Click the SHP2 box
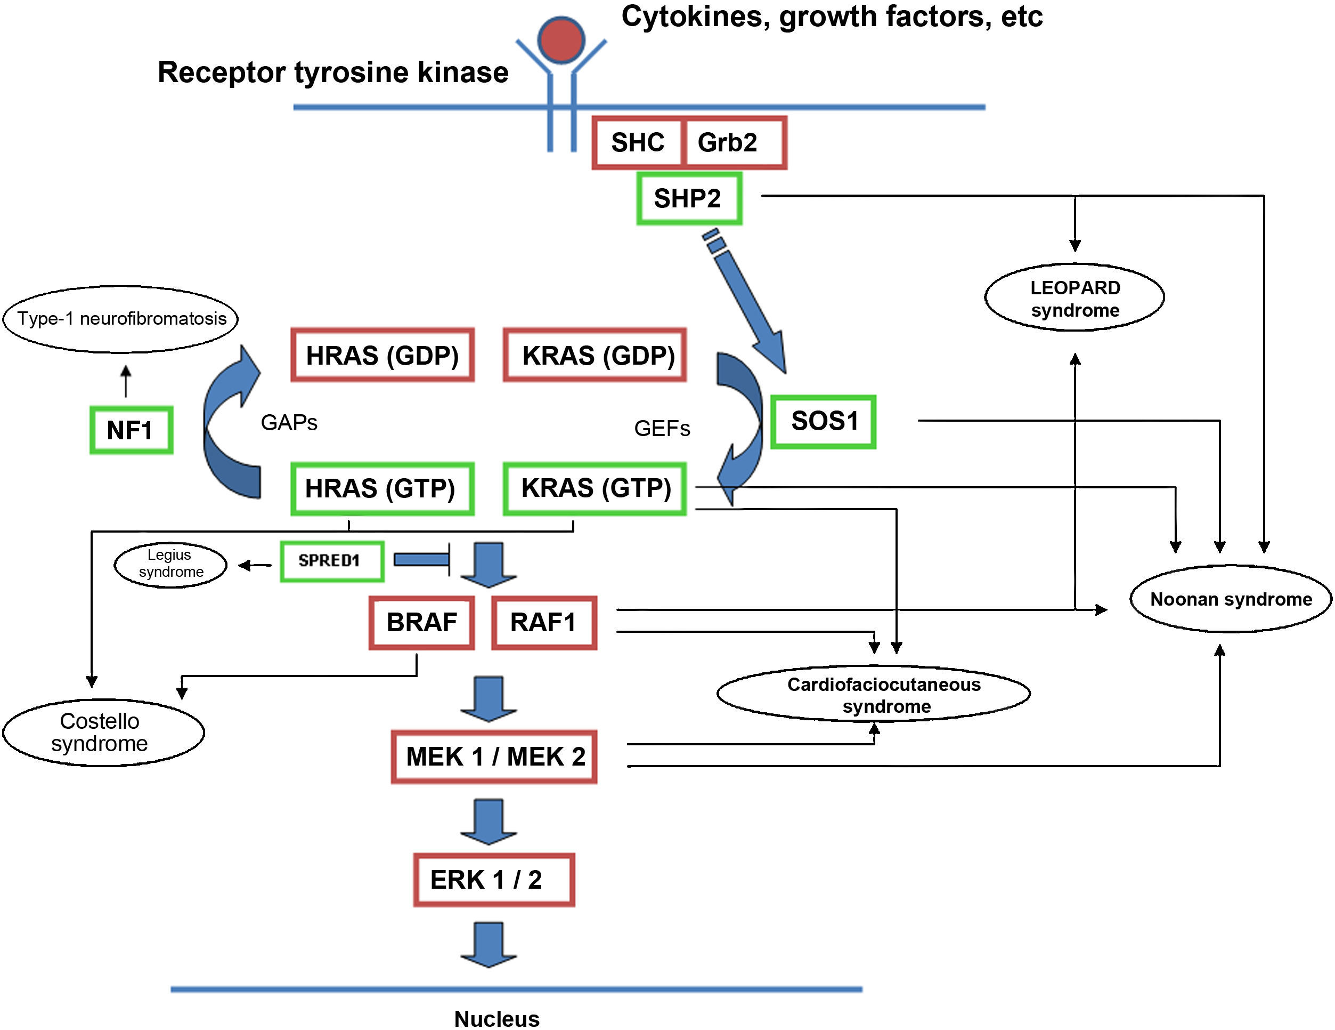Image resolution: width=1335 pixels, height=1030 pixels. (689, 199)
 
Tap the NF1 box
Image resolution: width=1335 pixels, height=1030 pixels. (131, 430)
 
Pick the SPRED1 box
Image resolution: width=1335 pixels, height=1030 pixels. (332, 561)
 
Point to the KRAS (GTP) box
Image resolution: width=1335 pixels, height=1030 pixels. (595, 489)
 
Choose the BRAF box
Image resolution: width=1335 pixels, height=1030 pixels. (422, 623)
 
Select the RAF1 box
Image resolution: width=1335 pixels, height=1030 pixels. (544, 623)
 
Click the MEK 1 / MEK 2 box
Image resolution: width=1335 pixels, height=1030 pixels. (494, 757)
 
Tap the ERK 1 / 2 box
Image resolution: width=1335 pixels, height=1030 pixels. (494, 880)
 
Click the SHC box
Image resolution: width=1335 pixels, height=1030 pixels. (638, 142)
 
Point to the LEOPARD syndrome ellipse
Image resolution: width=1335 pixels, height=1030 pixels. (1074, 298)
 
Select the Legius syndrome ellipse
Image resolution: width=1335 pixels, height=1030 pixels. (170, 565)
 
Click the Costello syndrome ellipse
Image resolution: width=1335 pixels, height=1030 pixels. (103, 732)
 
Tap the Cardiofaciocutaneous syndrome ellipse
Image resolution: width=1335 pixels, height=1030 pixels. (874, 694)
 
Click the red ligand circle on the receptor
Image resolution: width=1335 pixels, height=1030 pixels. (561, 40)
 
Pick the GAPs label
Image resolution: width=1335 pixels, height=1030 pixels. (289, 423)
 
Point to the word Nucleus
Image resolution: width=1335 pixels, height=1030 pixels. (496, 1018)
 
